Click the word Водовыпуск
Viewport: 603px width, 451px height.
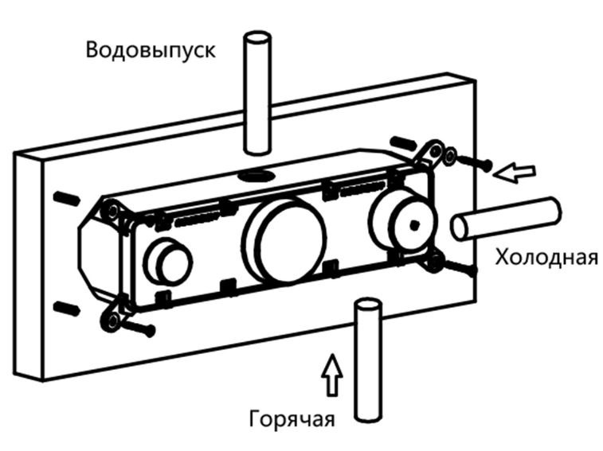click(x=151, y=51)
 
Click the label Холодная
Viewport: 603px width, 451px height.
click(x=546, y=258)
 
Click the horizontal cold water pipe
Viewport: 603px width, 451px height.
click(x=510, y=218)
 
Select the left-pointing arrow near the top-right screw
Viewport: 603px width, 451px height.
click(x=515, y=170)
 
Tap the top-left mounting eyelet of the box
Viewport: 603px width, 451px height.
click(x=112, y=211)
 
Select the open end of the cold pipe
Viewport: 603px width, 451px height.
click(x=460, y=226)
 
